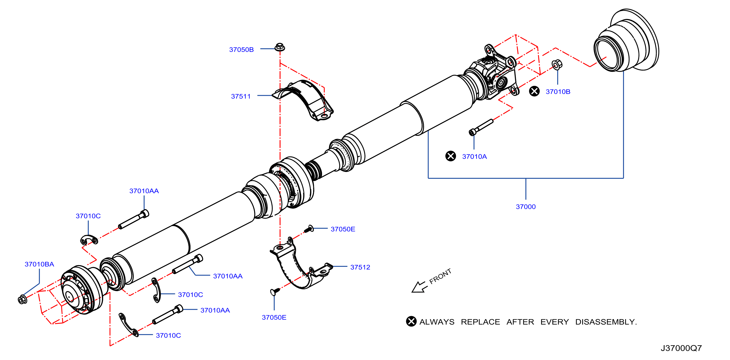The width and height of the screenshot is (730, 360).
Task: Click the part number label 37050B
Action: coord(241,49)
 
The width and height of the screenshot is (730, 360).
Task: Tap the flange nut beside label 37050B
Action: coord(280,47)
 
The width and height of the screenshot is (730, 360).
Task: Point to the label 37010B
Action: coord(558,92)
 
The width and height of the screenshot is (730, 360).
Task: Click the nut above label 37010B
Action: coord(557,65)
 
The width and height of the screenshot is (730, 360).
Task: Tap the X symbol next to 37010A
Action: coord(450,156)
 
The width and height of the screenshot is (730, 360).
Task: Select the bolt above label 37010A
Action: coord(481,127)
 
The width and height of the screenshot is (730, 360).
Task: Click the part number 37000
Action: coord(525,207)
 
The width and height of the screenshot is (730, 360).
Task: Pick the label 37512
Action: coord(360,267)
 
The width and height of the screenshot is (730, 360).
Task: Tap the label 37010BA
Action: coord(39,264)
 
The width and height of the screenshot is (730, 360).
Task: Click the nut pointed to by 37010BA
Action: coord(22,299)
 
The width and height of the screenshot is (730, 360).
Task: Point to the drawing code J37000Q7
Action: coord(681,348)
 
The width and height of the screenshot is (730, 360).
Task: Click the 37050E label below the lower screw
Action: coord(274,318)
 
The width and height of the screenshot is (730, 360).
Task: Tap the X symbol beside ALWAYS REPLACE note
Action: coord(411,321)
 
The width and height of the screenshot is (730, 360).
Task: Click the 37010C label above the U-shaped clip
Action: coord(88,216)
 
